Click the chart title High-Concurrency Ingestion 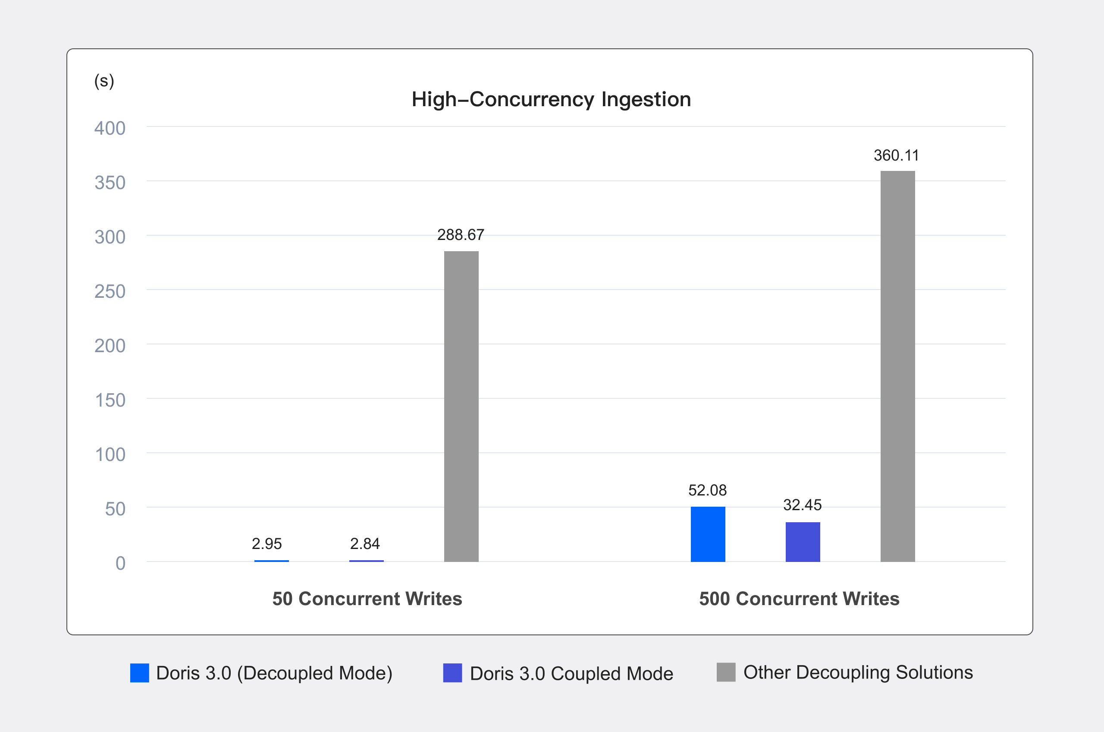tap(551, 99)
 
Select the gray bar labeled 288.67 tap(461, 406)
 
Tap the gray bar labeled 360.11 tap(897, 366)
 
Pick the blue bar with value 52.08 tap(708, 534)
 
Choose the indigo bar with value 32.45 tap(802, 542)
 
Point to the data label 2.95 tap(267, 543)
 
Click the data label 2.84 tap(365, 543)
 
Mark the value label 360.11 tap(896, 155)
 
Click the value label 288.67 tap(460, 235)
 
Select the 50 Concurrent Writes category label tap(367, 599)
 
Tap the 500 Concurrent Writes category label tap(799, 599)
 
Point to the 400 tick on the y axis tap(110, 128)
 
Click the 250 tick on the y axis tap(110, 291)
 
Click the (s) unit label tap(104, 81)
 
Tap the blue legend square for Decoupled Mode tap(139, 673)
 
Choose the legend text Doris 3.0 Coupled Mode tap(571, 673)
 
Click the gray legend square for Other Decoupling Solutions tap(726, 672)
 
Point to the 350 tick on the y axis tap(110, 183)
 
